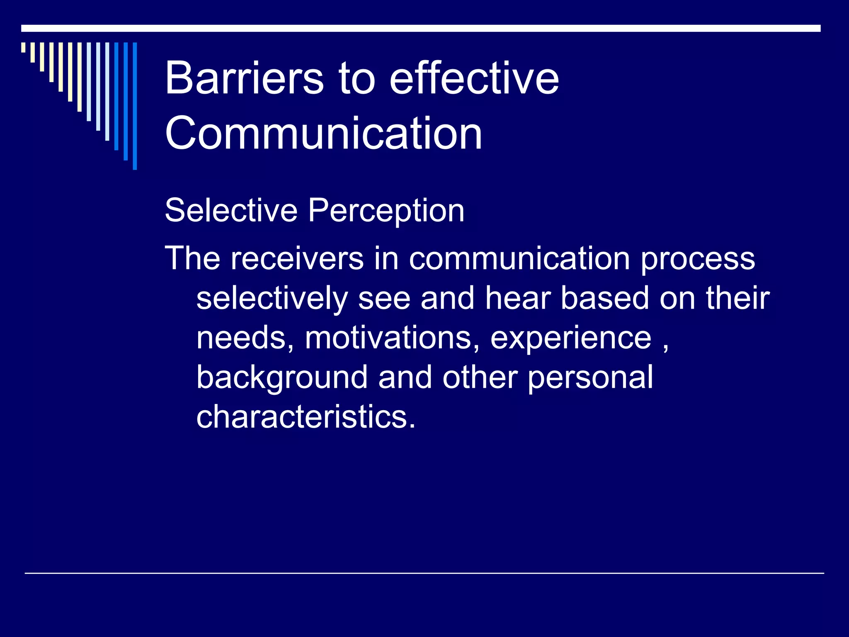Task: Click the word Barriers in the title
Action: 244,78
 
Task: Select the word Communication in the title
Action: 323,133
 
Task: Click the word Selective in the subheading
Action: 231,210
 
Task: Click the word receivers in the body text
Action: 296,258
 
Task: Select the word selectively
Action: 272,299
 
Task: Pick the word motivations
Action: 388,338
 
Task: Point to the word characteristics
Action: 306,416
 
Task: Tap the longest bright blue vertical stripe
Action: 135,106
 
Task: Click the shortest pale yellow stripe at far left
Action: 24,47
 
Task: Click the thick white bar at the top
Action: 420,28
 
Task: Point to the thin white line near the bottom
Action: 424,573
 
